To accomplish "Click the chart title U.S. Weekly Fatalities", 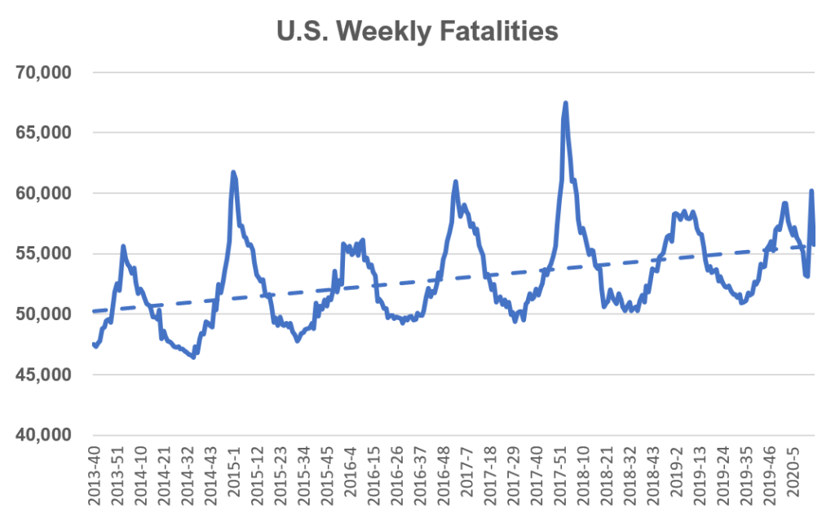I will click(x=417, y=31).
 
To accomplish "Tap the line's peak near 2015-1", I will click(x=233, y=172).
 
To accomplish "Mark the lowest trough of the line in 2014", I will click(x=193, y=357).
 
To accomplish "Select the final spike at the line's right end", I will click(x=811, y=191).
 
